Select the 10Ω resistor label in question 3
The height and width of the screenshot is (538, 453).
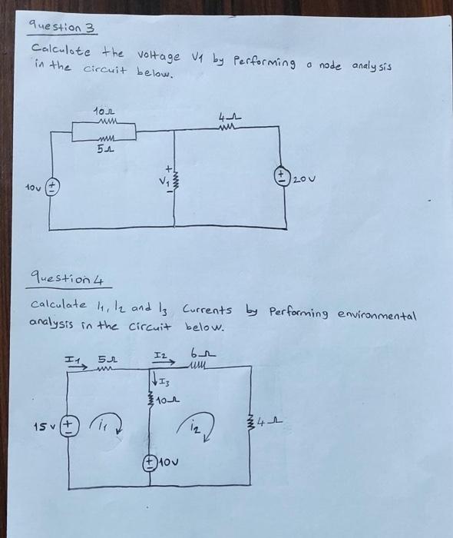click(x=103, y=115)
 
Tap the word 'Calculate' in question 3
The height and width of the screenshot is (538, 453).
click(x=60, y=50)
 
